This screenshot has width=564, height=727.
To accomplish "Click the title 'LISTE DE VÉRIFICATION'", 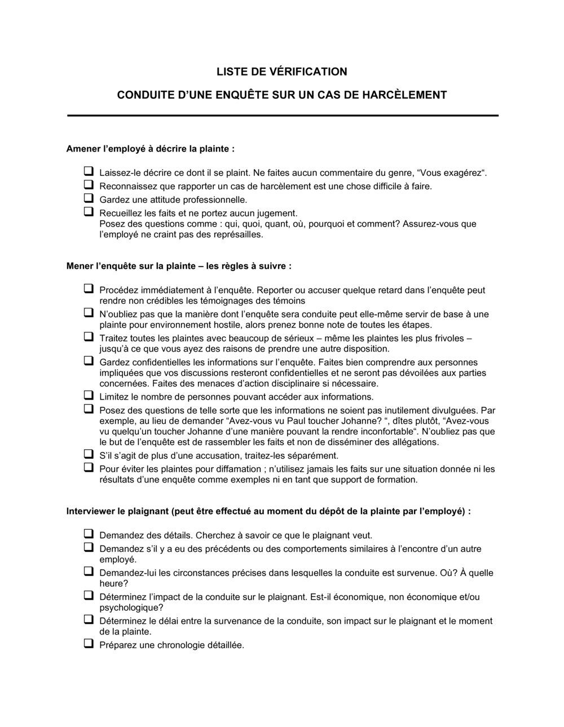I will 282,72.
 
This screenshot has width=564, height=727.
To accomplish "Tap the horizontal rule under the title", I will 282,116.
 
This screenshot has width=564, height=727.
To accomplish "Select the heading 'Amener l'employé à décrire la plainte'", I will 150,149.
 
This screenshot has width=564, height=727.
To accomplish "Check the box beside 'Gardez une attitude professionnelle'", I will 89,198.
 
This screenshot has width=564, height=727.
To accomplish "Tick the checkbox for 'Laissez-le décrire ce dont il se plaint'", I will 89,171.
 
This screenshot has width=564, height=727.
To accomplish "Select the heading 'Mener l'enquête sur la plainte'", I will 179,266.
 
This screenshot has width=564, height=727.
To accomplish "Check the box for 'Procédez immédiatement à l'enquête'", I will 89,289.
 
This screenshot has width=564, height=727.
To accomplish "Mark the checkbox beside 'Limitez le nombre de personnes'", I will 89,396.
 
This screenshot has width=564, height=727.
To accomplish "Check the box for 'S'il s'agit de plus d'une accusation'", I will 89,454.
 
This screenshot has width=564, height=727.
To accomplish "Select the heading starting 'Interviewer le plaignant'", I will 268,512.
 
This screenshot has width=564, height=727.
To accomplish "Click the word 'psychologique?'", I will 131,608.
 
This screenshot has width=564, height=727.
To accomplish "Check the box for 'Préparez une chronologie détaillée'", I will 89,644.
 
